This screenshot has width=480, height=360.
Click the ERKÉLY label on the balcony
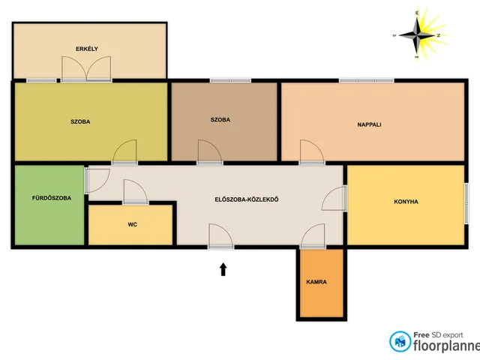(87, 49)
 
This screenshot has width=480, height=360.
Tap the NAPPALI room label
(369, 124)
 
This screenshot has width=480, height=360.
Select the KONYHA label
(406, 202)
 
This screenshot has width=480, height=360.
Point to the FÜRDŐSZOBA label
(52, 198)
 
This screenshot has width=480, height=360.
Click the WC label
(133, 224)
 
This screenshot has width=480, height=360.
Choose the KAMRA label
(316, 282)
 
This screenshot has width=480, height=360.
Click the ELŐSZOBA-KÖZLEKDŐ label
(247, 199)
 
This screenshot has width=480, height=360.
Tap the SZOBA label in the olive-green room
(80, 121)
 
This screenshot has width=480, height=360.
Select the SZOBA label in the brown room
(220, 120)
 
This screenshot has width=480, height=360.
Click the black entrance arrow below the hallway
(223, 269)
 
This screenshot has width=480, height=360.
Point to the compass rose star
(417, 35)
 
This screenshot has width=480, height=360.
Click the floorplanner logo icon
(400, 341)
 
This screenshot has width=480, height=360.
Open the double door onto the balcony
(86, 69)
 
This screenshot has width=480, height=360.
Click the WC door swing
(135, 192)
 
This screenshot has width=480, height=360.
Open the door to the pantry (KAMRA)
(313, 235)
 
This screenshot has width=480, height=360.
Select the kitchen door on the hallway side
(334, 198)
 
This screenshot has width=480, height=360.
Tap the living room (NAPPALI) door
(312, 152)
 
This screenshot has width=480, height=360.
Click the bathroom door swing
(97, 181)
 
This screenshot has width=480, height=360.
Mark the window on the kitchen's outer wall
(466, 203)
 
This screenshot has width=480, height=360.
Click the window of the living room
(367, 80)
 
